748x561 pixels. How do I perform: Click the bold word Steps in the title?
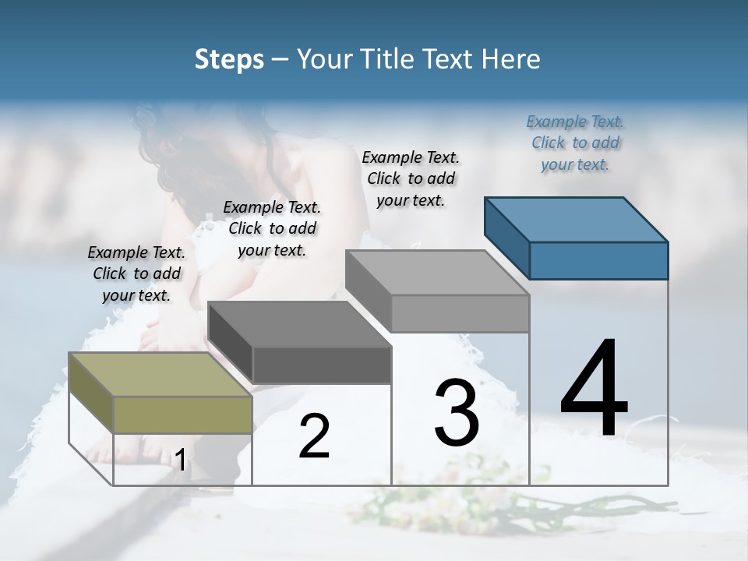[x=229, y=59]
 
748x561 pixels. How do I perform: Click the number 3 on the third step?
[x=457, y=413]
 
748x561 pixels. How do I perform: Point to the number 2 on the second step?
[x=314, y=436]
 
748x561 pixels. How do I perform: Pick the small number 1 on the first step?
[x=181, y=460]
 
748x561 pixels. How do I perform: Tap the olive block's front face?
[x=182, y=415]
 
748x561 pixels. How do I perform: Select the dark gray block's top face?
[x=299, y=323]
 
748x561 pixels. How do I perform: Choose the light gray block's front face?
[x=460, y=313]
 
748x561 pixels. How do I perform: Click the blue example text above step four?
[x=575, y=143]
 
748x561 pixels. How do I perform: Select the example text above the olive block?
[x=136, y=273]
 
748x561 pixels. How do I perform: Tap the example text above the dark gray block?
[x=272, y=228]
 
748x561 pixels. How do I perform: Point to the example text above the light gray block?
[x=411, y=178]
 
